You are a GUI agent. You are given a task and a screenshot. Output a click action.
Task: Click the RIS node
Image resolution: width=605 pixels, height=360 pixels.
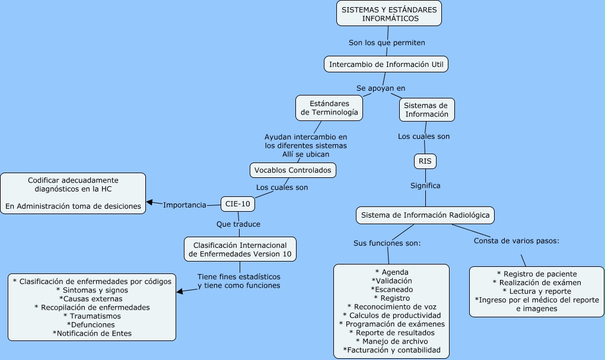pos(425,161)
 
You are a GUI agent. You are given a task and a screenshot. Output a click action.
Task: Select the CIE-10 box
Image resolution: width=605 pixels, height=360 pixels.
pos(238,204)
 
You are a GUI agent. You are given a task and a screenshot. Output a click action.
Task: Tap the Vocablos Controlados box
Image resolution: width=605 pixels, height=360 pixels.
pos(293,170)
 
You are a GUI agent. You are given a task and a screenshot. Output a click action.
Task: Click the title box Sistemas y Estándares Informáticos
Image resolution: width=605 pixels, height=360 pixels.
pos(389,14)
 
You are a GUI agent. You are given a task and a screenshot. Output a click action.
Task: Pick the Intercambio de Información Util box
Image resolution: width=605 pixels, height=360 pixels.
pos(386,63)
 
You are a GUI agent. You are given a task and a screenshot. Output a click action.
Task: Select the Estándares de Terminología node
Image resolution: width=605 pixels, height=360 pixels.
pos(329,107)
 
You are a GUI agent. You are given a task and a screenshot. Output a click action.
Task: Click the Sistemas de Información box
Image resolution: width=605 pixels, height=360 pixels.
pos(426,110)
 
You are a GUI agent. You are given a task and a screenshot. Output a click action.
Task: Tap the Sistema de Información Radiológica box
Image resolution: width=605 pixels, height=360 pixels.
pos(425,215)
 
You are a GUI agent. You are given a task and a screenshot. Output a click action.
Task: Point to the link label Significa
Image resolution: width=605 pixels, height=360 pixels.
pos(425,186)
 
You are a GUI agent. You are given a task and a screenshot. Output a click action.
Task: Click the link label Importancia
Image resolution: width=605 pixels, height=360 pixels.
pos(184,205)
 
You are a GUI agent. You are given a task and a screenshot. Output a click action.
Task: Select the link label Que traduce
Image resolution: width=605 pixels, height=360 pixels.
pos(238,224)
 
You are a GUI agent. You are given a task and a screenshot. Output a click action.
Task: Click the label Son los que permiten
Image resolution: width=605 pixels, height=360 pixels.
pos(387,43)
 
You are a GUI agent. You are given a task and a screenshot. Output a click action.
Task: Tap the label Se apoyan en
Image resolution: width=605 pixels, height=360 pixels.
pos(381,88)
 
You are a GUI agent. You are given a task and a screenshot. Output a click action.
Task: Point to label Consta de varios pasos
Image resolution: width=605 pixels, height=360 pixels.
pos(517,241)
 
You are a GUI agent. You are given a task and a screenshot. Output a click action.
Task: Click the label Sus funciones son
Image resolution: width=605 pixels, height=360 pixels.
pos(387,243)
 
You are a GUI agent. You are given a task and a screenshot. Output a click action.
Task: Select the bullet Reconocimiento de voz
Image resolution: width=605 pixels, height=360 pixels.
pos(391,307)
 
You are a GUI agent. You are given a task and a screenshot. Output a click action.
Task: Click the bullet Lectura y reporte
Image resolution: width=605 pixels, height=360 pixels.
pos(536,291)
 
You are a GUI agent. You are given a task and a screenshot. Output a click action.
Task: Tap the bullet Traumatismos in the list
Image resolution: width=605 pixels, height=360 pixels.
pos(92,316)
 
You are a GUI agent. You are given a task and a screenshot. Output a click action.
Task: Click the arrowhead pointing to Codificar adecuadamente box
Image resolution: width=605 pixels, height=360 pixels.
pos(150,202)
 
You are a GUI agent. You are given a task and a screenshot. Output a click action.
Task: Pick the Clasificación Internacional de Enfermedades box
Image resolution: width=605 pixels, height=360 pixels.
pos(240,249)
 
